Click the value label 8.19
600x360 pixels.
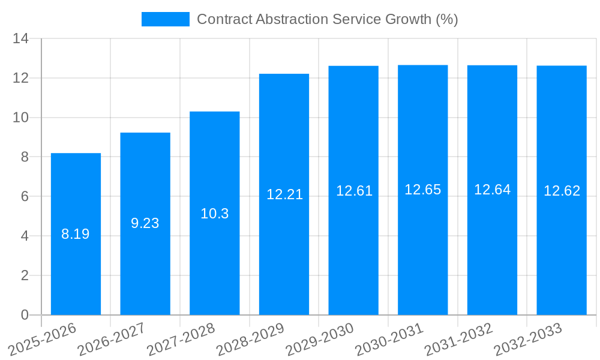76,235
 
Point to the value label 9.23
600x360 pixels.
145,223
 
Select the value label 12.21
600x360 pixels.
284,194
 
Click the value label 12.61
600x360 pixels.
354,191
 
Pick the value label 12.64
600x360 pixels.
492,190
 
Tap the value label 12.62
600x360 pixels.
562,191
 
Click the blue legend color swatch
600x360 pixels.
165,19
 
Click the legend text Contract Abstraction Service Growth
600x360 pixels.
327,19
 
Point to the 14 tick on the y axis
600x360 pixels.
21,39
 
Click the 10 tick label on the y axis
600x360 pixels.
21,118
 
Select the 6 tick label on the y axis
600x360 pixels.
25,197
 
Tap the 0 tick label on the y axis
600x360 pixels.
25,315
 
